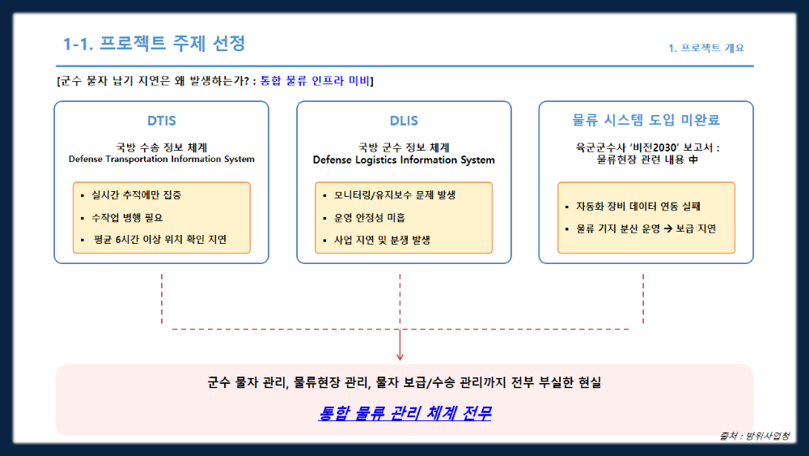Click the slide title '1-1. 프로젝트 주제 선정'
(154, 44)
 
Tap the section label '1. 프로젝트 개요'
(706, 48)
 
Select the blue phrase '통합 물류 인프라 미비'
(315, 80)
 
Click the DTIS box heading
(162, 121)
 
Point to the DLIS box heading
(404, 121)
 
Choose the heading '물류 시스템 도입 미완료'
(646, 120)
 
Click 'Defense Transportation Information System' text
(162, 159)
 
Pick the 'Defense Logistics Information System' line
(404, 160)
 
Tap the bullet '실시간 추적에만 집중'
(136, 194)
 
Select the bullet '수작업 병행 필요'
(127, 217)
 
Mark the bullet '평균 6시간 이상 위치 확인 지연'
(160, 240)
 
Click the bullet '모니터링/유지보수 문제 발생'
(395, 194)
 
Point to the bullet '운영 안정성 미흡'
(370, 217)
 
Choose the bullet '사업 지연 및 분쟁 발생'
(382, 240)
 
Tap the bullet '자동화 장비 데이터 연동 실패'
(638, 206)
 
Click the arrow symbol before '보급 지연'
(668, 228)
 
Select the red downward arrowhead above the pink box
(400, 356)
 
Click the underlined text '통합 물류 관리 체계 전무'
(404, 413)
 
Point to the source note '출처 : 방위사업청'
(754, 436)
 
